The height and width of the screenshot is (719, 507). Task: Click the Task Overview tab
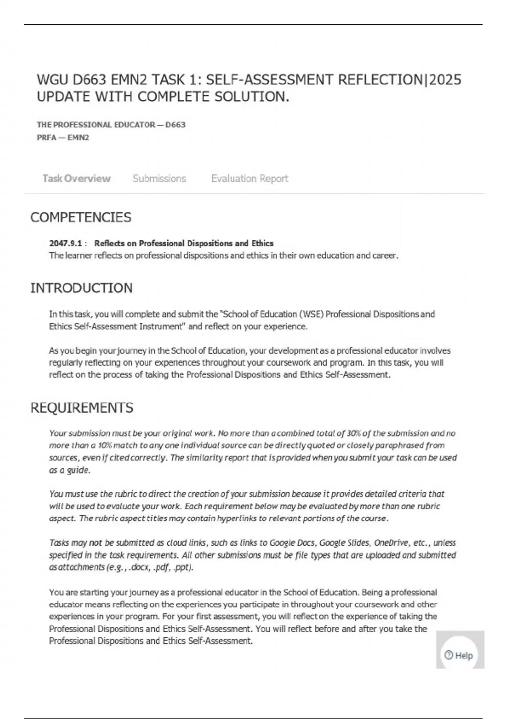tap(76, 178)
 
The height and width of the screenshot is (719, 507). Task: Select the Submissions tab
tap(159, 178)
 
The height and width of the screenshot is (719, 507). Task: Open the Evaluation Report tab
tap(250, 178)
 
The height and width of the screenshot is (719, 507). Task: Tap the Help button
tap(459, 655)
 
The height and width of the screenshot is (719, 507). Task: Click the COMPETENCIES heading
tap(81, 217)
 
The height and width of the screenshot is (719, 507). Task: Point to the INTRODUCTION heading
tap(81, 288)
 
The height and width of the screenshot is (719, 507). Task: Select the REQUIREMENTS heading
tap(82, 408)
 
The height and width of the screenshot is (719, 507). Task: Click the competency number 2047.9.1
tap(65, 243)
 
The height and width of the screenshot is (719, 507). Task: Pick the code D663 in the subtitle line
tap(175, 125)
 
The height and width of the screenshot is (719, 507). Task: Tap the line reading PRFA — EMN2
tap(63, 137)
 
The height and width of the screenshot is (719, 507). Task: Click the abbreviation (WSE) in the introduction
tap(311, 314)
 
